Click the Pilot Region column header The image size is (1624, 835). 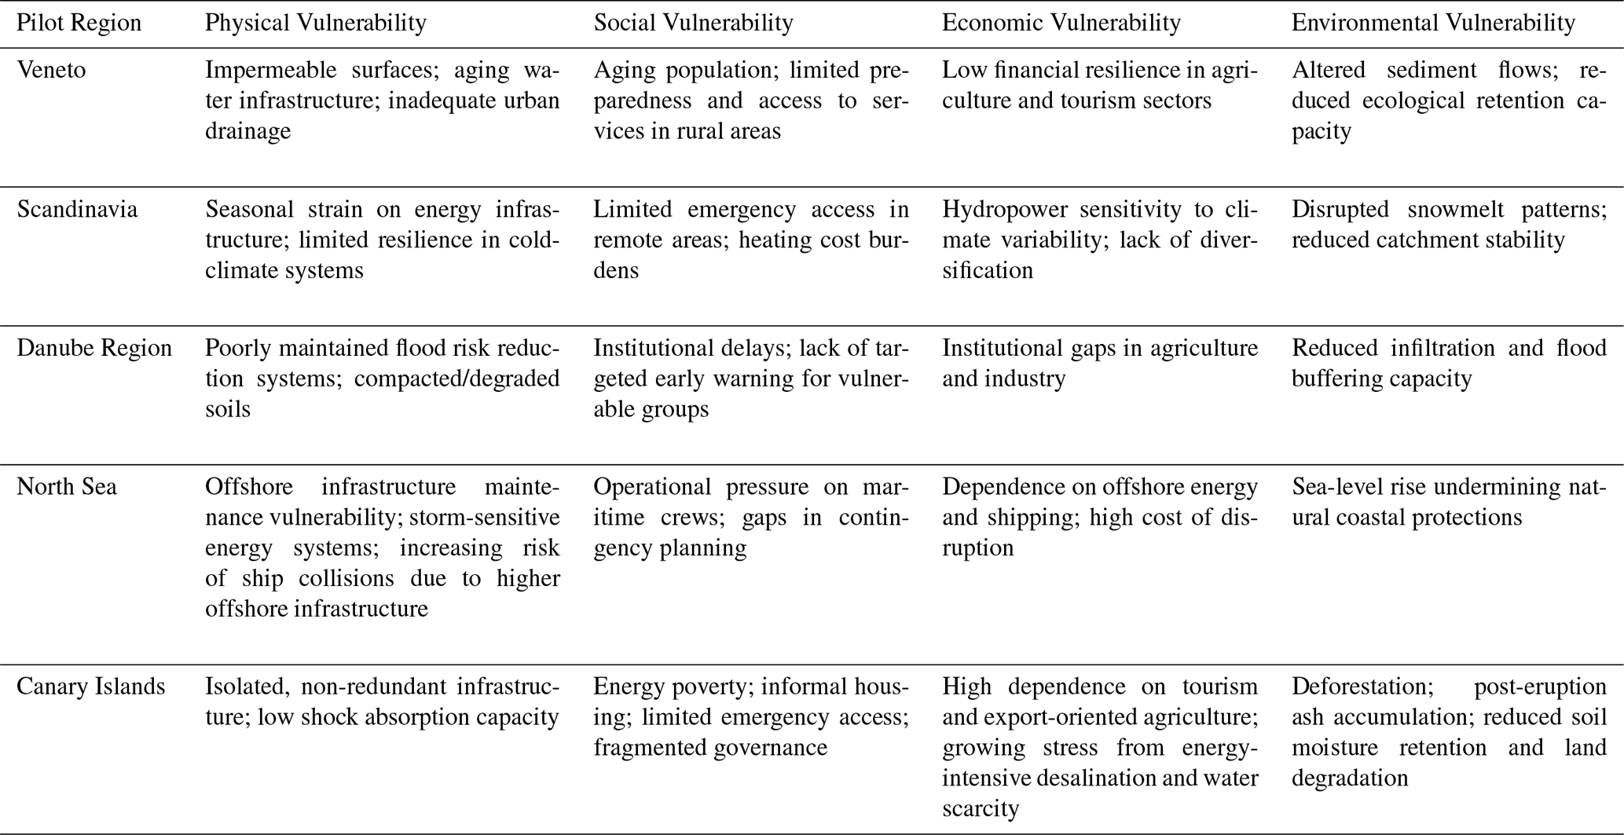point(79,23)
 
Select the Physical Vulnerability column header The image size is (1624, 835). point(316,23)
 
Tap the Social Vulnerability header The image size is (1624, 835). point(693,23)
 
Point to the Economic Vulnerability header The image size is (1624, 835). point(1061,23)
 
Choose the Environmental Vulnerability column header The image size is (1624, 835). point(1433,23)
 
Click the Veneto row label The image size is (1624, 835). point(52,70)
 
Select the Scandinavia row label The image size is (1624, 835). point(77,210)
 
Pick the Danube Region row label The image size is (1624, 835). point(94,348)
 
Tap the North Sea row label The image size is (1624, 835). point(67,487)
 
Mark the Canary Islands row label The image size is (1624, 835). point(91,687)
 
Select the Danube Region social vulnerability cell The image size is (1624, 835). point(750,379)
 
